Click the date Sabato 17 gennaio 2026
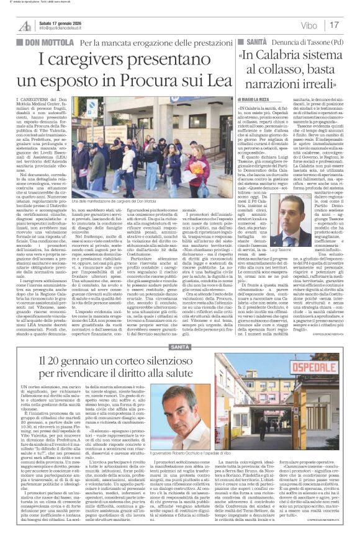click(62, 22)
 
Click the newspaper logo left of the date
click(24, 25)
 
